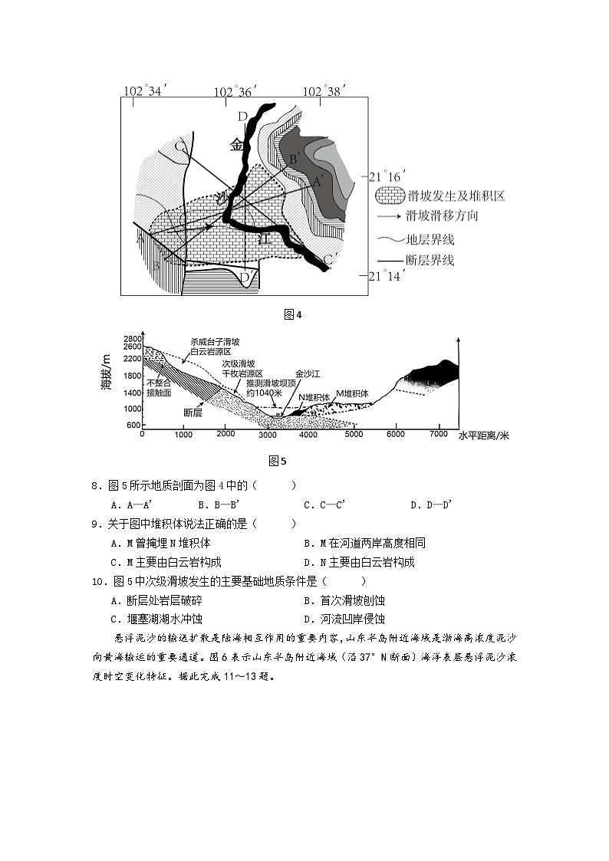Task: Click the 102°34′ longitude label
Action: tap(144, 91)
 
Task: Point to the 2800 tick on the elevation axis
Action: tap(133, 339)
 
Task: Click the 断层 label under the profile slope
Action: tap(193, 412)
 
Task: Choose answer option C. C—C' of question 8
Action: tap(324, 504)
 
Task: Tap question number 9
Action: tap(96, 524)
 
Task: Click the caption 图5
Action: tap(278, 461)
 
